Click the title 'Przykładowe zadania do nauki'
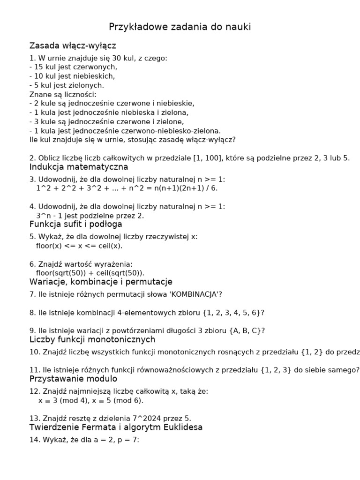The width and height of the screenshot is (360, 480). point(180,27)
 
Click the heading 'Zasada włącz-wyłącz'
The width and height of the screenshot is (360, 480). point(73,46)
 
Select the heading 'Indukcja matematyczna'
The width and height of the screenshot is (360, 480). point(79,167)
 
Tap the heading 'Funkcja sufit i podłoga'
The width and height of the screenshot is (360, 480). point(75,225)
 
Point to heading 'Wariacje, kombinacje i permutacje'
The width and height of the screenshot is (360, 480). point(101,282)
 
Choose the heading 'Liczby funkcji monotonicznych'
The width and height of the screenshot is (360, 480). point(92,339)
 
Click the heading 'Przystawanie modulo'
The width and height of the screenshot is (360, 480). point(73,378)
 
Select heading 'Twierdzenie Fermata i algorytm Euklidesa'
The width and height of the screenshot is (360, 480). point(116,427)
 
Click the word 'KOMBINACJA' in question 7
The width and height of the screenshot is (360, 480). point(194,294)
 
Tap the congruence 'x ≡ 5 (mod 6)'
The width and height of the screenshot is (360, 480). point(114,400)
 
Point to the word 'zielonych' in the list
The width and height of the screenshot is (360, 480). point(89,85)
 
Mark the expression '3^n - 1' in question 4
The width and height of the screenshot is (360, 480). point(50,216)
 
